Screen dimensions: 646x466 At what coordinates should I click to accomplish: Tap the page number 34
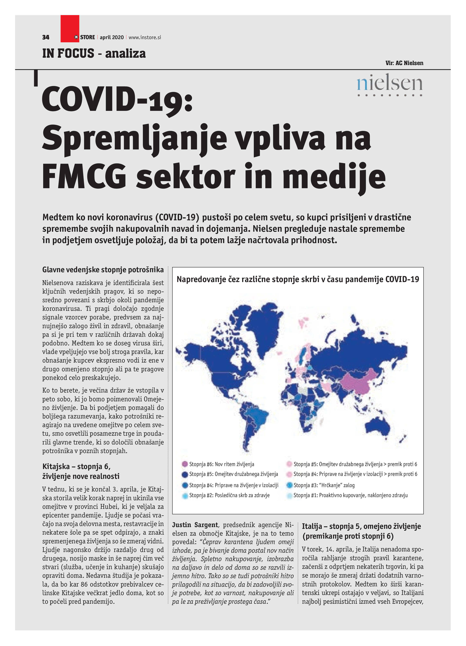coord(46,37)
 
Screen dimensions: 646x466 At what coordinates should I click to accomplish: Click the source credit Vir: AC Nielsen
coord(404,63)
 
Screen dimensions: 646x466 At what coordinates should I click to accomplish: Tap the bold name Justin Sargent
coord(195,525)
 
